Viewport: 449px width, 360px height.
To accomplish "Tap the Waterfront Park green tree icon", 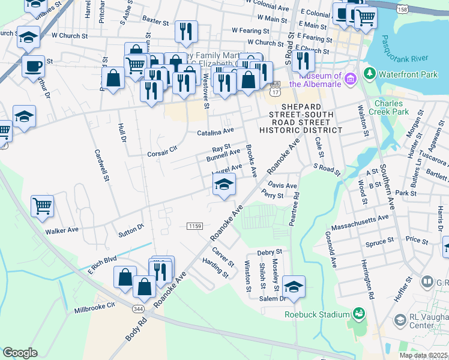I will (x=370, y=74).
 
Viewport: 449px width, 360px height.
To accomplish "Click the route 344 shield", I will (x=138, y=308).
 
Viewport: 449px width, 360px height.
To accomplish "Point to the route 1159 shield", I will (x=194, y=226).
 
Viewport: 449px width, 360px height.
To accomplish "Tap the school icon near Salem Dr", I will (x=294, y=287).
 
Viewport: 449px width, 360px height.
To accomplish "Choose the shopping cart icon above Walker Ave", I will (x=42, y=206).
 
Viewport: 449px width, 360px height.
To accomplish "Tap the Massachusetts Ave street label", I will (x=358, y=221).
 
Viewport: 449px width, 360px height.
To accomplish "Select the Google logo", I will (x=20, y=353).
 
